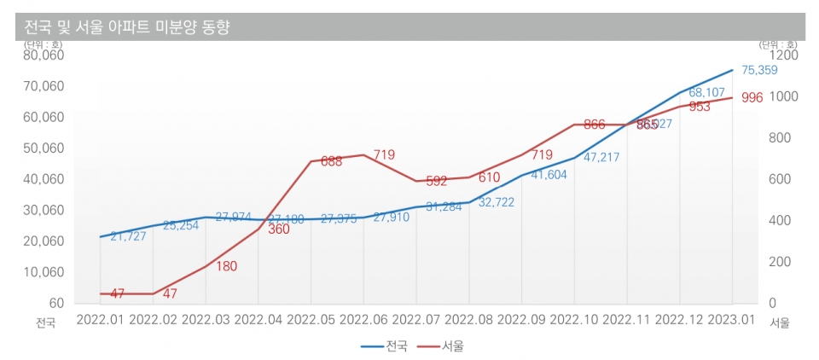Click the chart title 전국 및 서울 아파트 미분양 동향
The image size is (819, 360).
point(124,27)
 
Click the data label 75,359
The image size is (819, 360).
point(759,71)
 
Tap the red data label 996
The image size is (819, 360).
point(752,98)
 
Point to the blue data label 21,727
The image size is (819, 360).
point(128,236)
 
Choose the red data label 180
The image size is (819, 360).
point(226,266)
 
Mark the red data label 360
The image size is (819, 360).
point(279,229)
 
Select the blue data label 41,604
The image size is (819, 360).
point(549,175)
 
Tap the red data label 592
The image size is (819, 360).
point(436,181)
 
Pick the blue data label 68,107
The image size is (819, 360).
point(706,92)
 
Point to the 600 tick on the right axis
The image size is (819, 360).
point(781,179)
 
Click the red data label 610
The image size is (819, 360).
point(488,177)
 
